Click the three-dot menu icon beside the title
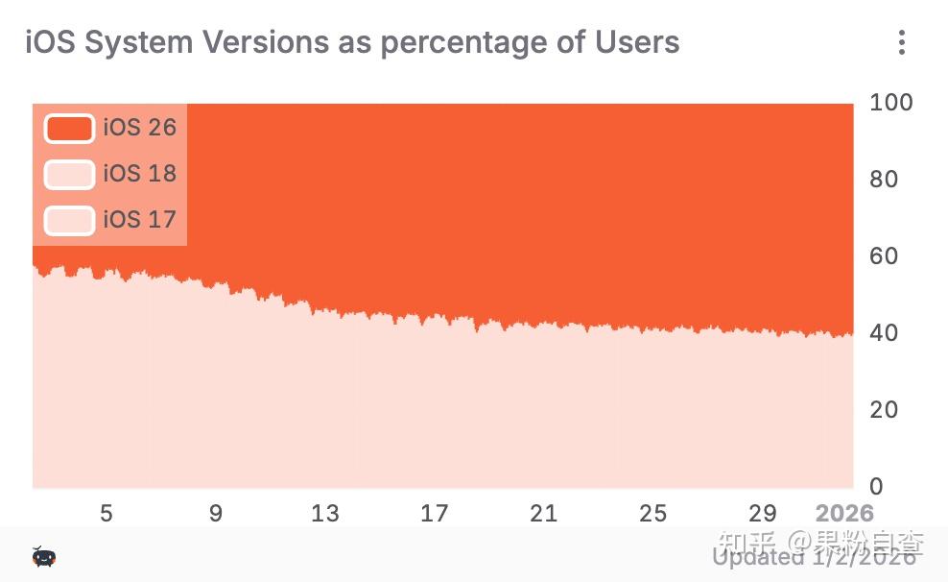click(x=901, y=42)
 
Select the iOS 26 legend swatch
click(x=69, y=128)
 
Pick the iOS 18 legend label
click(x=140, y=174)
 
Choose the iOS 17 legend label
click(x=140, y=220)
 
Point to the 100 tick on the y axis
click(x=890, y=102)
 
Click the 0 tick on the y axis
click(x=876, y=486)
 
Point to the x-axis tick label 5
click(x=107, y=513)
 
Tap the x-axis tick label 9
click(x=216, y=513)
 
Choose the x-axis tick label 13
click(x=325, y=513)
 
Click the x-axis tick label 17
click(x=435, y=513)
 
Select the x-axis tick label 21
click(x=544, y=513)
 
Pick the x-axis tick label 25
click(x=653, y=513)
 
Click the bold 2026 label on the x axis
click(x=844, y=513)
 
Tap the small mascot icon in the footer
click(x=43, y=556)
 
